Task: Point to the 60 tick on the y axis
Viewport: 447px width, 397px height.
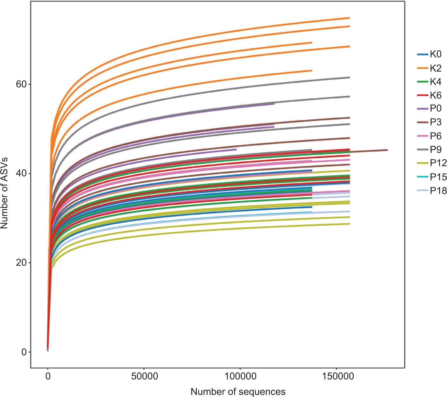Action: [21, 84]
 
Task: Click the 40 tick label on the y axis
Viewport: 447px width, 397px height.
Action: [21, 173]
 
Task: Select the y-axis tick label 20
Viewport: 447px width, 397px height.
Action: [21, 263]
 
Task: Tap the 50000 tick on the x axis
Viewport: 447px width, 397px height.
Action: [144, 376]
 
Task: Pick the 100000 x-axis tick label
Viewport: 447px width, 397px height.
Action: [240, 376]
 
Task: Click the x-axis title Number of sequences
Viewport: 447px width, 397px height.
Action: [238, 391]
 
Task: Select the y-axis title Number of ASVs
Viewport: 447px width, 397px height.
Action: [4, 193]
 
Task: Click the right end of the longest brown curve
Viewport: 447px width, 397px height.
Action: [387, 150]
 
